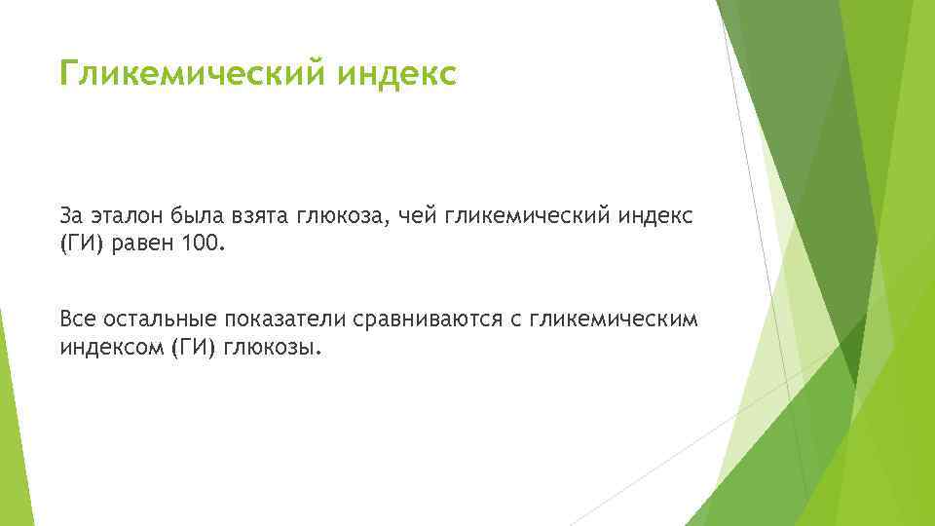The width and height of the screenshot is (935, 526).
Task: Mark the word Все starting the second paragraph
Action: pyautogui.click(x=77, y=319)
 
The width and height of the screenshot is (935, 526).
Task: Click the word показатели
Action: pyautogui.click(x=284, y=319)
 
